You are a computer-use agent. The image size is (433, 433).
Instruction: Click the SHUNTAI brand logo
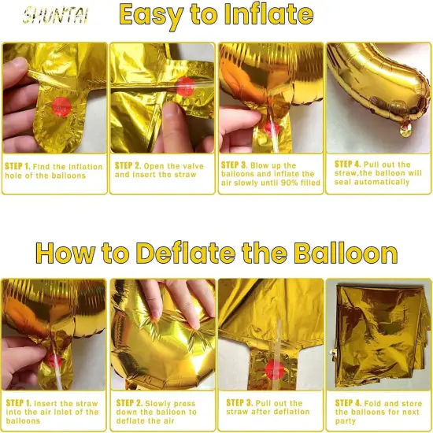[x=55, y=15]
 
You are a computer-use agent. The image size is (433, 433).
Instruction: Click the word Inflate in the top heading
[x=260, y=14]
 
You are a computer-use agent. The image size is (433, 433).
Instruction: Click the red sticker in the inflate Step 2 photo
[x=186, y=87]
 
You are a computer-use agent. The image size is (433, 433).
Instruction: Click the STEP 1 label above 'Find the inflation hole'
[x=18, y=167]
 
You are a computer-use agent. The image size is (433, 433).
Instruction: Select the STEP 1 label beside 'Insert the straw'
[x=18, y=403]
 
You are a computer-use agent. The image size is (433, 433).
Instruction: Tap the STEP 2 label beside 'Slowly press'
[x=128, y=403]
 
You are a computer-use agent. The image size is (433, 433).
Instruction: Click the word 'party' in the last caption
[x=347, y=420]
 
